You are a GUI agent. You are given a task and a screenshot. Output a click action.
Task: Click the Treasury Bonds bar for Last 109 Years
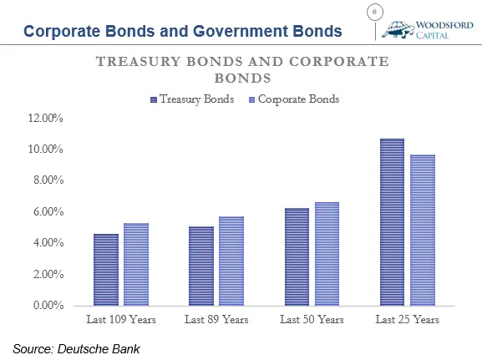[x=106, y=270]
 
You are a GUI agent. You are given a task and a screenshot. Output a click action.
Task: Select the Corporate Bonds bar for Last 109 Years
[x=136, y=265]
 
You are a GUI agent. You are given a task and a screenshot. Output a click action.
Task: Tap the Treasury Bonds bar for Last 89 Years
[x=201, y=266]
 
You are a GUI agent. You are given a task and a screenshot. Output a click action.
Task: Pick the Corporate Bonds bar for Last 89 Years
[x=231, y=261]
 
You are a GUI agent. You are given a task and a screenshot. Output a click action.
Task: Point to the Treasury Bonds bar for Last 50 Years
[x=297, y=256]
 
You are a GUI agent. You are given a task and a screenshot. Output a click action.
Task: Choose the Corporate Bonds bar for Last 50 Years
[x=327, y=254]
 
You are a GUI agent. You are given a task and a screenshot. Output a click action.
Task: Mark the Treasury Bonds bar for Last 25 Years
[x=393, y=222]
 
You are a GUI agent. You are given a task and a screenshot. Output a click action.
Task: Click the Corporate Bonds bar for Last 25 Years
[x=423, y=230]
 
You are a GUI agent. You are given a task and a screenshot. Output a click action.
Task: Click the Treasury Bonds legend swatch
[x=154, y=100]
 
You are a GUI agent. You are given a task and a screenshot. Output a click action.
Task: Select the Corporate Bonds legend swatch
[x=251, y=100]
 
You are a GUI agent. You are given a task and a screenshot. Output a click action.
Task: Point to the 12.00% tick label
[x=45, y=118]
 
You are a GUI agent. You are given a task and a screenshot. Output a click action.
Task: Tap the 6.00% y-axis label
[x=48, y=212]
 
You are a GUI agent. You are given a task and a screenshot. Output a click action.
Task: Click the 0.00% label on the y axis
[x=48, y=305]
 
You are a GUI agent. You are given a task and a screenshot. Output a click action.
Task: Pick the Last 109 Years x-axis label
[x=121, y=319]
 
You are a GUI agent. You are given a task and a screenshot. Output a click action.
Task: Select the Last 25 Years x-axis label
[x=408, y=319]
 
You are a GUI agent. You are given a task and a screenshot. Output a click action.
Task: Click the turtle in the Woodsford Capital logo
[x=398, y=30]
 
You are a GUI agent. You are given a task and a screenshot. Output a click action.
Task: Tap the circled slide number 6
[x=375, y=13]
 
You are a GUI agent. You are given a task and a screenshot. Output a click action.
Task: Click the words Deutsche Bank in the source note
[x=99, y=349]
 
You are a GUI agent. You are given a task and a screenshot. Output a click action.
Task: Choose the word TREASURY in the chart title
[x=138, y=62]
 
